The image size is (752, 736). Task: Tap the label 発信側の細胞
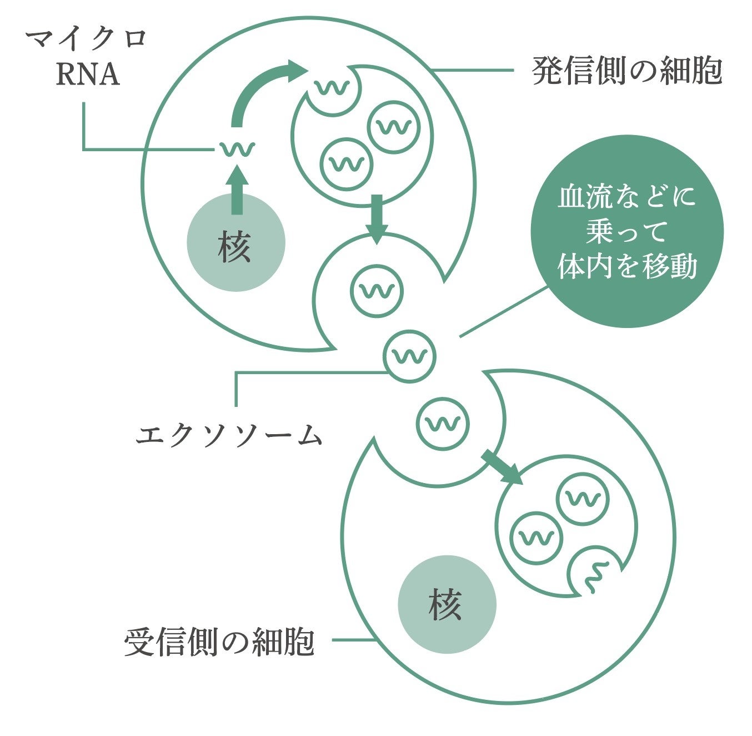pyautogui.click(x=627, y=71)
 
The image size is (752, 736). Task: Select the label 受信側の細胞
pyautogui.click(x=220, y=642)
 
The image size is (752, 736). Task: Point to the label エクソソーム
pyautogui.click(x=229, y=435)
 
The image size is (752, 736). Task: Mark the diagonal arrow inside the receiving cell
pyautogui.click(x=502, y=468)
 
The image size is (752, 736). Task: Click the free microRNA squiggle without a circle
pyautogui.click(x=237, y=149)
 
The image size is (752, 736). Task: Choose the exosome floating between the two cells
pyautogui.click(x=410, y=356)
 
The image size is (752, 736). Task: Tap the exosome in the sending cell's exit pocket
pyautogui.click(x=377, y=291)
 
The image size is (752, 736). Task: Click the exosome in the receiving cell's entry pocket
pyautogui.click(x=443, y=424)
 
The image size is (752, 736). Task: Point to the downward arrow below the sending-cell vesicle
pyautogui.click(x=377, y=217)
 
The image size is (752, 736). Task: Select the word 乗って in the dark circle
pyautogui.click(x=626, y=232)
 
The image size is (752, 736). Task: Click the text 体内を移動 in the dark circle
pyautogui.click(x=627, y=266)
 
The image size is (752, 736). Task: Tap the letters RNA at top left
pyautogui.click(x=88, y=75)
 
